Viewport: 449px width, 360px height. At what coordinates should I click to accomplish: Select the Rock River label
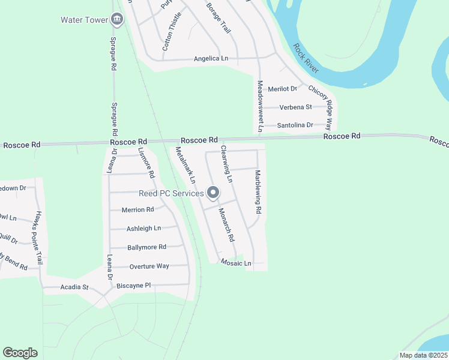tap(305, 58)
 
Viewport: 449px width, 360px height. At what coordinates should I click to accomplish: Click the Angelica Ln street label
tap(211, 59)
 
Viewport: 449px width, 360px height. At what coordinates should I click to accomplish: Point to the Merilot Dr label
tap(282, 89)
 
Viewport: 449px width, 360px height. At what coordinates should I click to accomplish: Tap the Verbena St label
tap(295, 107)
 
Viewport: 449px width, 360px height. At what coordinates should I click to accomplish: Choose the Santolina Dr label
tap(295, 125)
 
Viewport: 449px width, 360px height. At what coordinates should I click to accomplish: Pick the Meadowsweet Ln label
tap(260, 106)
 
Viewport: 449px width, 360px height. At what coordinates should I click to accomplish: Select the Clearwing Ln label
tap(226, 163)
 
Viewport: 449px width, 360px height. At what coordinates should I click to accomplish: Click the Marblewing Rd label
tap(258, 192)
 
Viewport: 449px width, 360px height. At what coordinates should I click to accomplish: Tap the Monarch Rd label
tap(226, 225)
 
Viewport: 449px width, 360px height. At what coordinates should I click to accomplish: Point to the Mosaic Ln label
tap(235, 263)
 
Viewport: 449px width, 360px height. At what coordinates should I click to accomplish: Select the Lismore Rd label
tap(146, 163)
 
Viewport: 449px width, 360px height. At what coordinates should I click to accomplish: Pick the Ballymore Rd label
tap(146, 247)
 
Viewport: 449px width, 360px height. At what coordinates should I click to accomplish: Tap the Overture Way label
tap(149, 266)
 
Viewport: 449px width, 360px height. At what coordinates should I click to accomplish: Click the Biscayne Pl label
tap(133, 285)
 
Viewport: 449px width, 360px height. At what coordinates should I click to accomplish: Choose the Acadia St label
tap(74, 287)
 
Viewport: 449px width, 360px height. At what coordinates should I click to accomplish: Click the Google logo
tap(20, 353)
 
